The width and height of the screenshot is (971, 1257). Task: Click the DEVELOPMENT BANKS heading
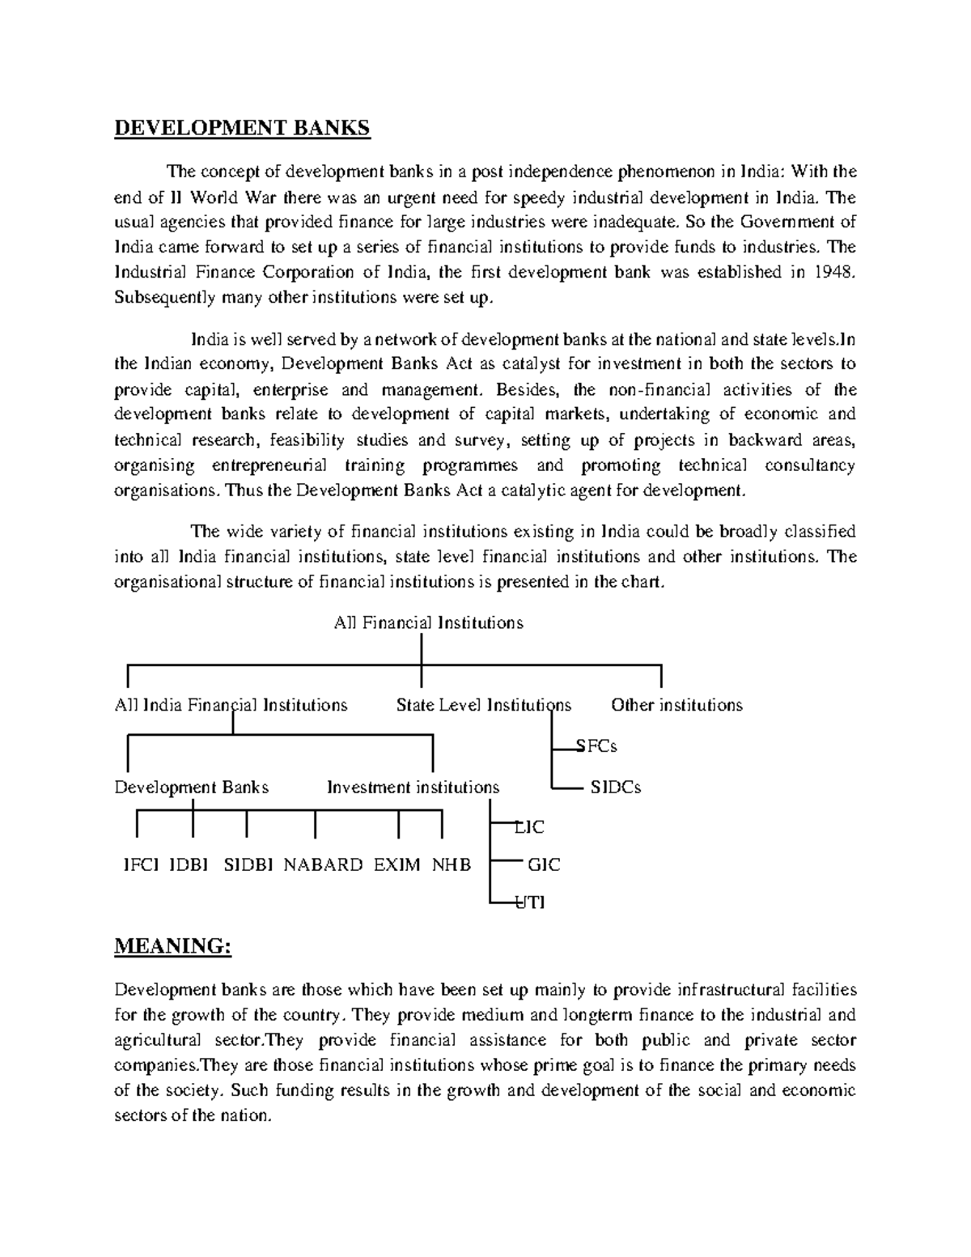241,128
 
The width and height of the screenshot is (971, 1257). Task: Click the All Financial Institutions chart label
428,622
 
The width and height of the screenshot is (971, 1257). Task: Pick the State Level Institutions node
483,705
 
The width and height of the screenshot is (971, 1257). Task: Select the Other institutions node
676,705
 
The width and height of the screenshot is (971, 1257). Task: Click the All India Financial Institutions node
231,705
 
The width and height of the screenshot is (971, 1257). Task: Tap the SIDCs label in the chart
615,788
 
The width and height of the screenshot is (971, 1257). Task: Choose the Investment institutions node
413,788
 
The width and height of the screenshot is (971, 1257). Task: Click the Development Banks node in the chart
191,788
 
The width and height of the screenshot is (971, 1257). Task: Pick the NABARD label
323,864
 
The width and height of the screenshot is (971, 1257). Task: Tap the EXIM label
396,864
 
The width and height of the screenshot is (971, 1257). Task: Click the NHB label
451,864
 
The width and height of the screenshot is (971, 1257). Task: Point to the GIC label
543,864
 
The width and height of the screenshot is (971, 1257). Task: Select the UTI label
531,902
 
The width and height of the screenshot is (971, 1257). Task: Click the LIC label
530,827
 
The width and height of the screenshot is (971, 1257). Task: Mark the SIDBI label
248,864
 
